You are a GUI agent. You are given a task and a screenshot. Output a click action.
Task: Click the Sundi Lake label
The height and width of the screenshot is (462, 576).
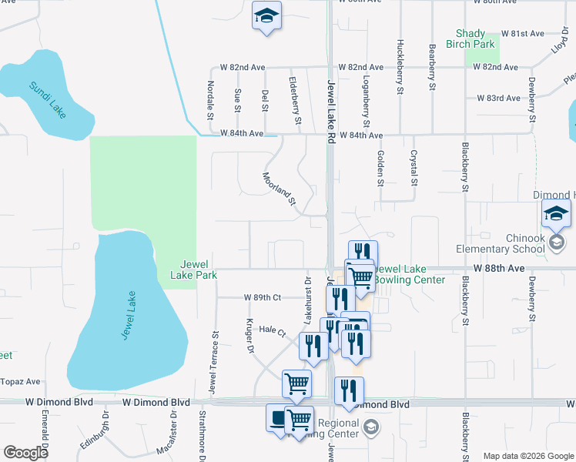(x=48, y=99)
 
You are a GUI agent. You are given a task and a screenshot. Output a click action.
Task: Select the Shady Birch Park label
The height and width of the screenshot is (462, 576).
(x=470, y=38)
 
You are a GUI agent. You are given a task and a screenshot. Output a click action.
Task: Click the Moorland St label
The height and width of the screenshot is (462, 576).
(x=280, y=189)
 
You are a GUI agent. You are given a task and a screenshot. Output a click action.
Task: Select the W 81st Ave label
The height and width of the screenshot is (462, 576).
(x=522, y=34)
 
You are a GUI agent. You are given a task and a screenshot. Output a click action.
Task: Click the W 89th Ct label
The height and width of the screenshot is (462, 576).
(x=263, y=297)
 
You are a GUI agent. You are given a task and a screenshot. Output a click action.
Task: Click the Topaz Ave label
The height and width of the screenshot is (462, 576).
(x=21, y=381)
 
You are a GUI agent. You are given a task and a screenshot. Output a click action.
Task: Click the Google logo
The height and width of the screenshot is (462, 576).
(x=25, y=453)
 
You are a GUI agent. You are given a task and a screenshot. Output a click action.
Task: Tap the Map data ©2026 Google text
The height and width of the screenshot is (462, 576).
(x=527, y=456)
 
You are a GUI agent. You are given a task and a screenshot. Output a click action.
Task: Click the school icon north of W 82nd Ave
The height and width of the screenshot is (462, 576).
(x=266, y=16)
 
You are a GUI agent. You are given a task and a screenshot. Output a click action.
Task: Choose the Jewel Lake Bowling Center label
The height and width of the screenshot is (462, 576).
(x=414, y=274)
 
